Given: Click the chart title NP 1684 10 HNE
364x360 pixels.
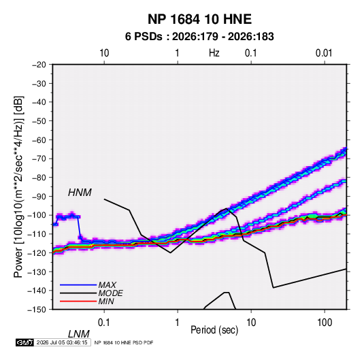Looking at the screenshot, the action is click(199, 19).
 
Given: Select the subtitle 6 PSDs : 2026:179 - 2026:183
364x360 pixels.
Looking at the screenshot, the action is click(199, 37).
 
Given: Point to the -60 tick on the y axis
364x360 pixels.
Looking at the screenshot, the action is click(39, 140).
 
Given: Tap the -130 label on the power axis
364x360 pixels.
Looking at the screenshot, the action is click(38, 272).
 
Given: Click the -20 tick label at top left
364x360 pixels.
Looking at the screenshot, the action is click(39, 65).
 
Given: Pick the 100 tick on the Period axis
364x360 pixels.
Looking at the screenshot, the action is click(325, 323).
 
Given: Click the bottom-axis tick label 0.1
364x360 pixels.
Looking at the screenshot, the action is click(104, 323).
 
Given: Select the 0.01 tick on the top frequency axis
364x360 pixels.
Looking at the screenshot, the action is click(324, 53).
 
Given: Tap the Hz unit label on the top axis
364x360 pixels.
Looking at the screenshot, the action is click(214, 53).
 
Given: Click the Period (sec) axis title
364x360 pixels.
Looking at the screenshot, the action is click(214, 330).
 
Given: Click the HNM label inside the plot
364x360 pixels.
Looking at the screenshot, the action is click(80, 193).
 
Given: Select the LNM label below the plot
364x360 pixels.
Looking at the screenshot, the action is click(79, 334).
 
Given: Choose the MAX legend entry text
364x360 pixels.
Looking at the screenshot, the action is click(107, 285).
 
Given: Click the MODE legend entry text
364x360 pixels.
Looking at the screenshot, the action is click(110, 293).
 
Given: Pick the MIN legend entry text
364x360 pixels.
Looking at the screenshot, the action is click(106, 301).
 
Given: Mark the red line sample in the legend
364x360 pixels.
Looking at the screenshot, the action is click(78, 301).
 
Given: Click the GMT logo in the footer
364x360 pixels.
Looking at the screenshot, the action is click(25, 342).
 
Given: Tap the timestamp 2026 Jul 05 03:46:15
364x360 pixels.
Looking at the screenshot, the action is click(62, 342).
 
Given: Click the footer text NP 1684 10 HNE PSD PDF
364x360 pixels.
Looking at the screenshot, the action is click(124, 342).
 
